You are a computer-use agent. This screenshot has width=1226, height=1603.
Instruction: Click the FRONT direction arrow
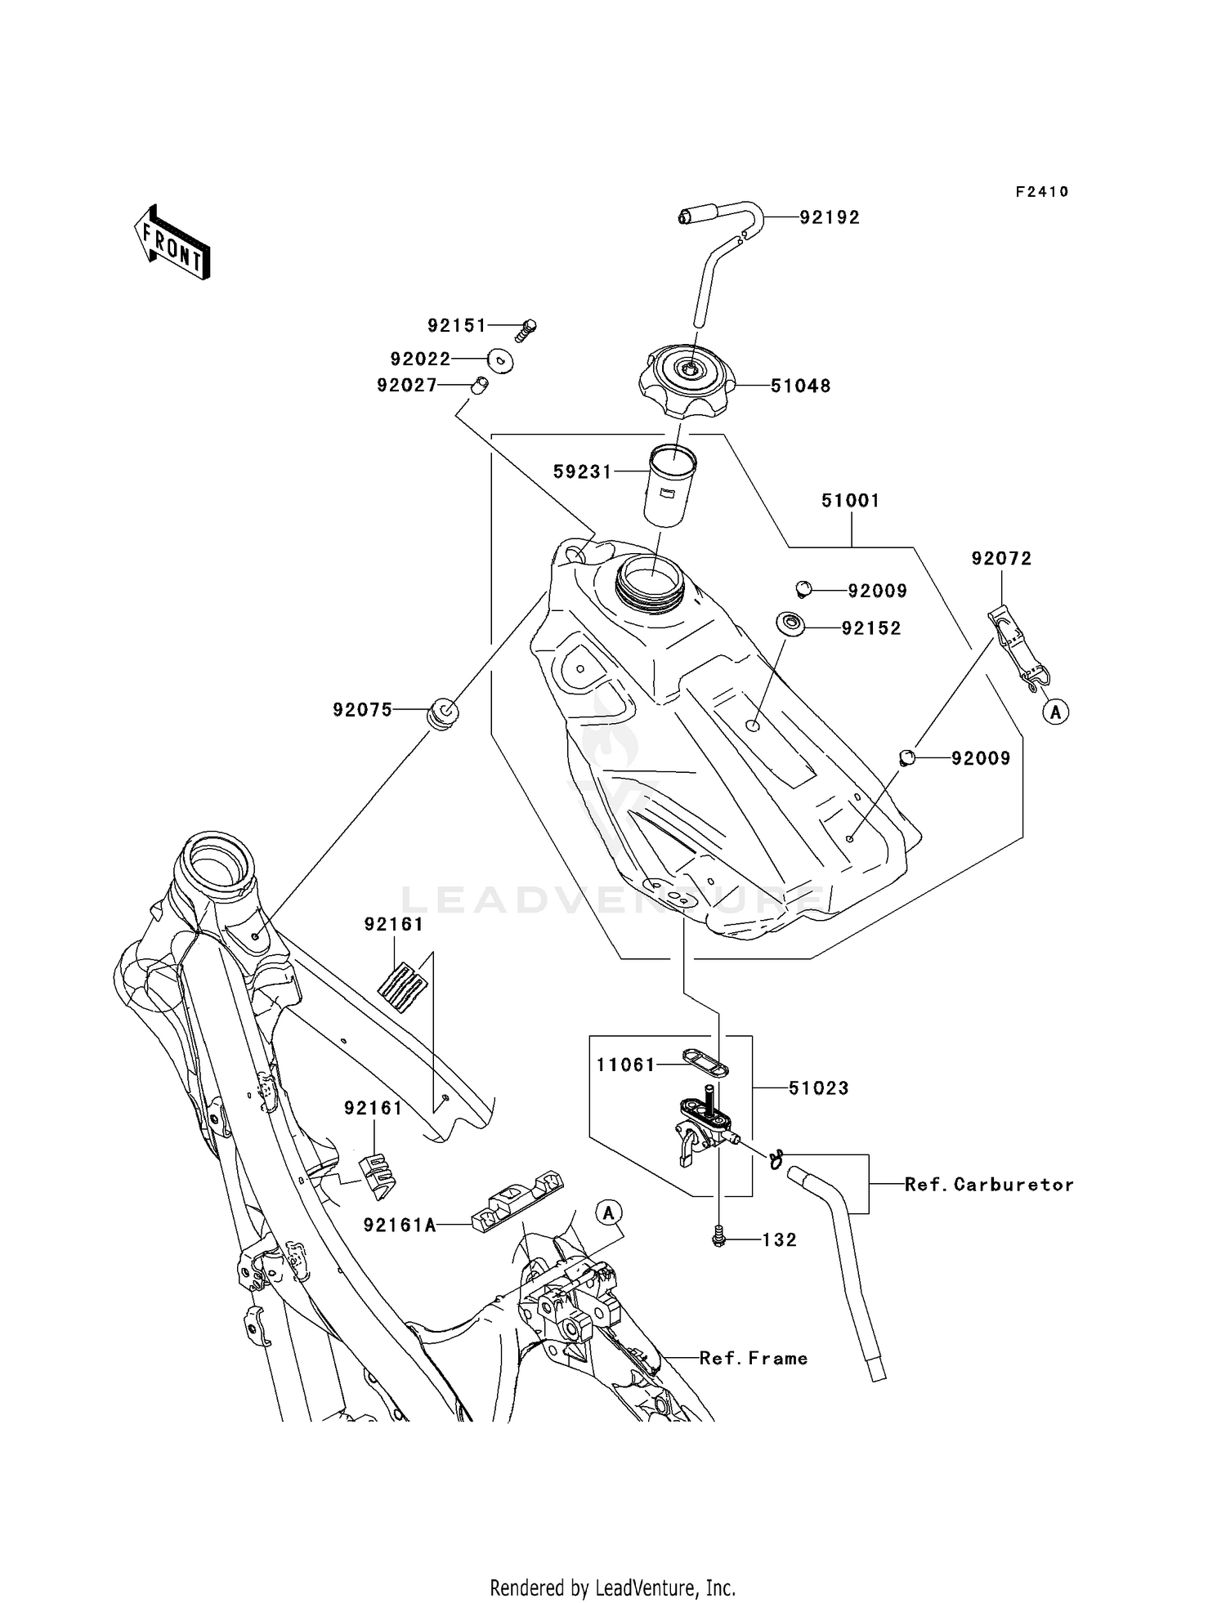pos(172,243)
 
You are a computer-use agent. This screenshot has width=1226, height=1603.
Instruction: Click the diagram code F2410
pos(1041,192)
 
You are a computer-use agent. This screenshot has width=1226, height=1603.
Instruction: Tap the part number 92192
pos(830,217)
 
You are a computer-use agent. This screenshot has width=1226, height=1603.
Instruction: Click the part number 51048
pos(800,386)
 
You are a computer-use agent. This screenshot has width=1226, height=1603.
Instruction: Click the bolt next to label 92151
pos(526,330)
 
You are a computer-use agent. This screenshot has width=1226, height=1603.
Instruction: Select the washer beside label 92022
pos(500,359)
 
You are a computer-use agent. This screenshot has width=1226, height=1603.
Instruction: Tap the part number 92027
pos(407,385)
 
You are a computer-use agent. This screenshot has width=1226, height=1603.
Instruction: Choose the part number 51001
pos(850,500)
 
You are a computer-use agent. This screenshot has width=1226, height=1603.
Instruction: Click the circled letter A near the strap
pos(1055,712)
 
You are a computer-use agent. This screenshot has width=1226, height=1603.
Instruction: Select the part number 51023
pos(818,1087)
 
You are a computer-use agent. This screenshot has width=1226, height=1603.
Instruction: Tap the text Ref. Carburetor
pos(989,1184)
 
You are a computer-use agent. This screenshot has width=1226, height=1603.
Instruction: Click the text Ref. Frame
pos(753,1358)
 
